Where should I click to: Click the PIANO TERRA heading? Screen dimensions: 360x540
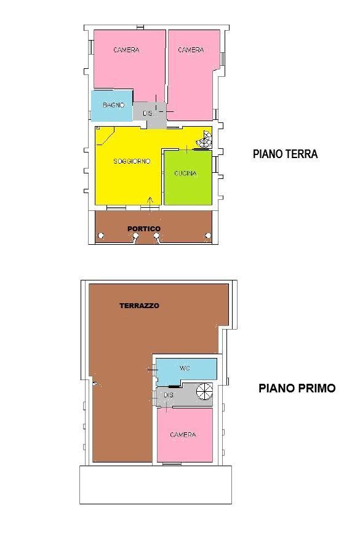(286, 154)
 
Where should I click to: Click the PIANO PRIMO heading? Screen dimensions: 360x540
(297, 388)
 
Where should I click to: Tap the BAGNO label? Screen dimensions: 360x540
(113, 105)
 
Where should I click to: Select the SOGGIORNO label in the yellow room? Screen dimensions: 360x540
(132, 161)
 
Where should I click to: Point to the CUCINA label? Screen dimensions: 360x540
(185, 173)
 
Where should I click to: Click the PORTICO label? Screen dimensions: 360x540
(144, 229)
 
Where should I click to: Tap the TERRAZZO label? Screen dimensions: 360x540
(139, 306)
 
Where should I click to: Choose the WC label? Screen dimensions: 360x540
(185, 368)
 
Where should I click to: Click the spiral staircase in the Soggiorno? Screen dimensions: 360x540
(205, 139)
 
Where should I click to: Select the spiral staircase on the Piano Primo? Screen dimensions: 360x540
(205, 392)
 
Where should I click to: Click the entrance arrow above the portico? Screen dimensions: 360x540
(150, 205)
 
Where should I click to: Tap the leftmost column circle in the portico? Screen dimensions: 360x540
(100, 236)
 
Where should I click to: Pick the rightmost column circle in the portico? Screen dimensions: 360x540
(208, 236)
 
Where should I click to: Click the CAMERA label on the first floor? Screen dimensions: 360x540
(183, 435)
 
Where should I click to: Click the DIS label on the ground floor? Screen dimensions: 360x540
(148, 113)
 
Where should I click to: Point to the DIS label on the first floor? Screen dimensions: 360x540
(169, 395)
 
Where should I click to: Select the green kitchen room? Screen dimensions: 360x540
(188, 178)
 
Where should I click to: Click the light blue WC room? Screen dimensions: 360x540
(186, 371)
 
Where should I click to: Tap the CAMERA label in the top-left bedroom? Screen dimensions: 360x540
(126, 50)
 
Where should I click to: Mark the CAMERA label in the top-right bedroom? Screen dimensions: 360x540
(191, 50)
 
